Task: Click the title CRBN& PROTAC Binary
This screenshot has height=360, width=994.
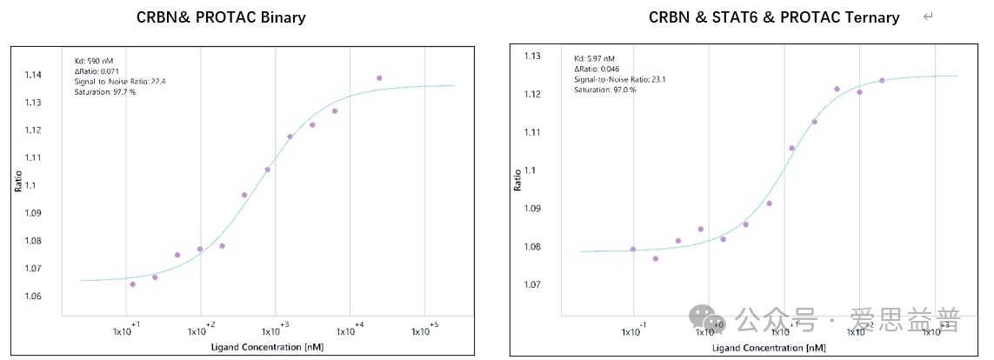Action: pos(221,17)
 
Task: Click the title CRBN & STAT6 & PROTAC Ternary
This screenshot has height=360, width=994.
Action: pos(774,17)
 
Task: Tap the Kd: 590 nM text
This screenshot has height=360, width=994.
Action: pos(94,61)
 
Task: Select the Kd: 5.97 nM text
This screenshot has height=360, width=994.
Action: pos(596,59)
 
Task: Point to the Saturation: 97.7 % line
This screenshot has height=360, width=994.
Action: pos(105,91)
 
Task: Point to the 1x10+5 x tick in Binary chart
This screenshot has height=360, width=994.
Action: pos(424,330)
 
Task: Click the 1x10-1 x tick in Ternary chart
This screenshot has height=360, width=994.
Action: pos(634,330)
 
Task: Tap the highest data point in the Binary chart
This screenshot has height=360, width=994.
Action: pos(379,78)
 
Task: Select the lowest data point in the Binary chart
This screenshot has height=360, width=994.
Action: pos(132,284)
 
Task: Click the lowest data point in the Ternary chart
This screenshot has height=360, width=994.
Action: pos(656,258)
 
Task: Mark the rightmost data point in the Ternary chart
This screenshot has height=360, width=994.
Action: pos(882,81)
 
